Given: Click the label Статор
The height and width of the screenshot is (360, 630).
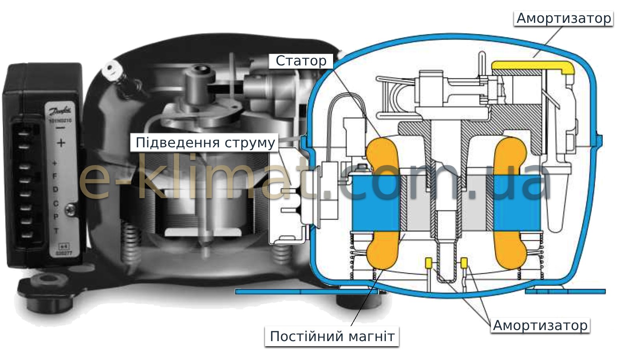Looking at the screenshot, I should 301,61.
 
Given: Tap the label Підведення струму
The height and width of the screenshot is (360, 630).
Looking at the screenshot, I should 205,143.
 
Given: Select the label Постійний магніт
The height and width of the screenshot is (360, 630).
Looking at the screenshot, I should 332,336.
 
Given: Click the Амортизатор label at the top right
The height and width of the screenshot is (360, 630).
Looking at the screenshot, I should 563,18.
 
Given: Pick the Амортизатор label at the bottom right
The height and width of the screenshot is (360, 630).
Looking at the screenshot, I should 540,325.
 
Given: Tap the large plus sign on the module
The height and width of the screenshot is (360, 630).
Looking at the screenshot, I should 61,143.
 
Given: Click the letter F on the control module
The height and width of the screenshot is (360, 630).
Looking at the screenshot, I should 55,176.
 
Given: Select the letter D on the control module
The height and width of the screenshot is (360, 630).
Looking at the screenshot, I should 55,189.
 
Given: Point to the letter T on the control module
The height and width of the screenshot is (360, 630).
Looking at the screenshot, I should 56,231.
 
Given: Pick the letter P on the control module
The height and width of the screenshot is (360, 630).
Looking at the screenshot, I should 56,217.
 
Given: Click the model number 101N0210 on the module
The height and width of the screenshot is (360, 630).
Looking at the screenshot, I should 60,121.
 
